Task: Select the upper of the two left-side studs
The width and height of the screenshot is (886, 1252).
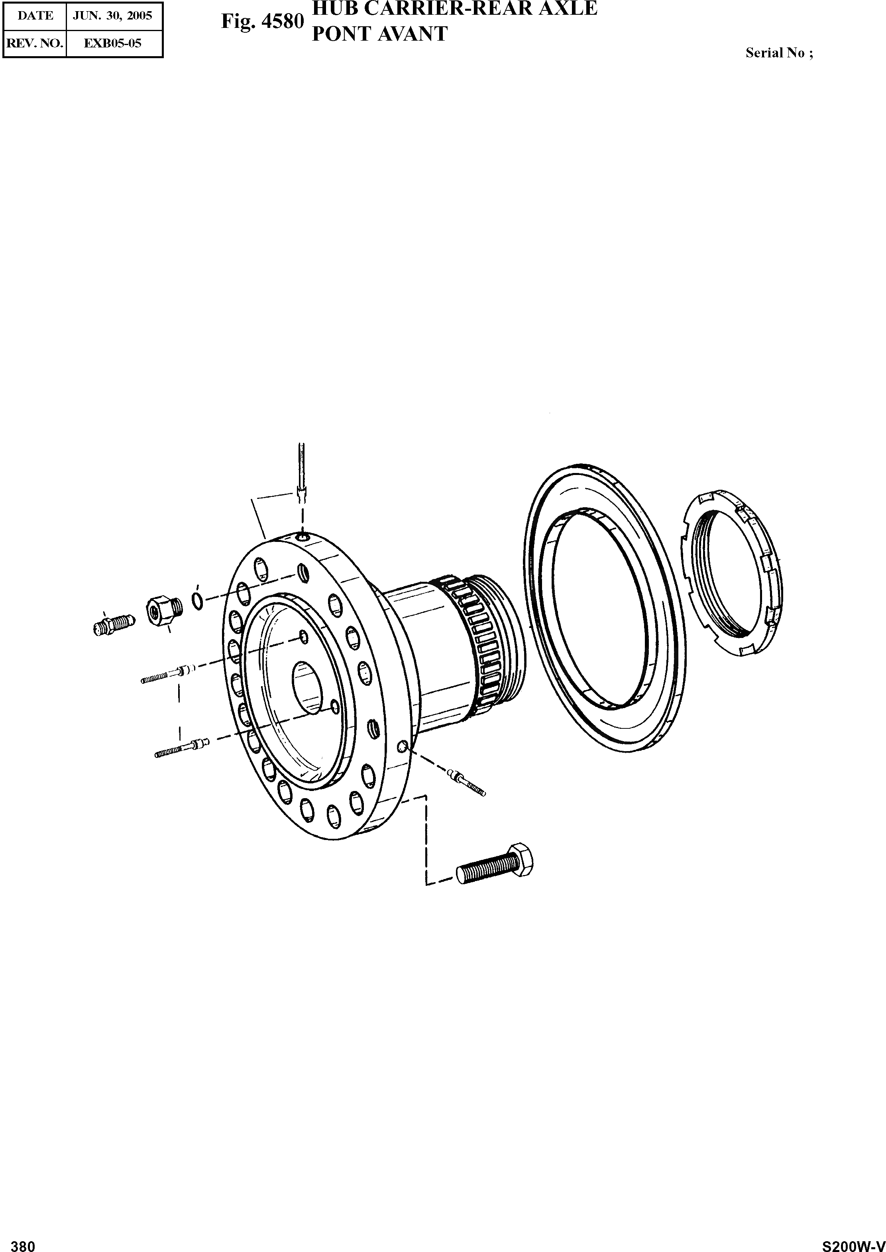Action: pyautogui.click(x=167, y=675)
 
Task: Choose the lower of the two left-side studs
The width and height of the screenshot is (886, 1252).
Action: pyautogui.click(x=182, y=747)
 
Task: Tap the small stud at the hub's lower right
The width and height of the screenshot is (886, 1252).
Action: pyautogui.click(x=466, y=783)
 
